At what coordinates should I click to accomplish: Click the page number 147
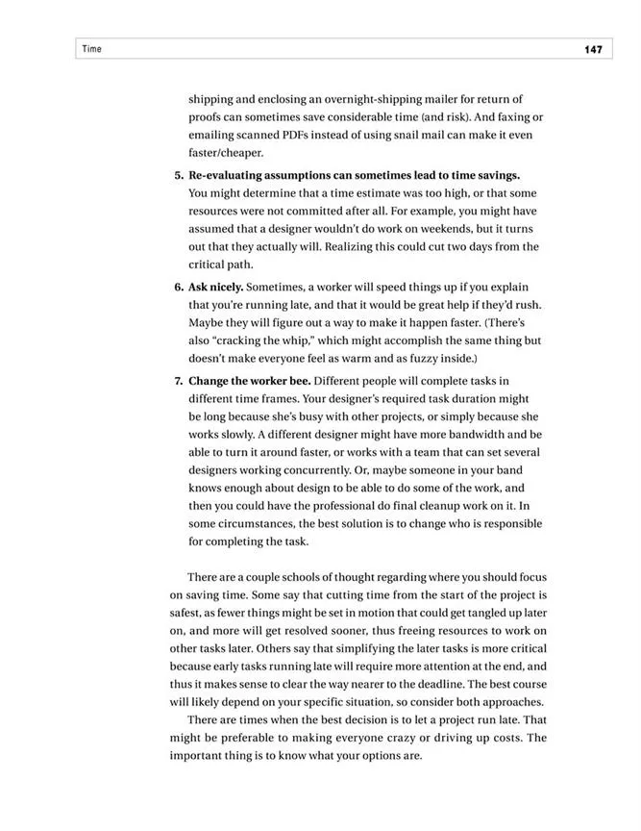(592, 50)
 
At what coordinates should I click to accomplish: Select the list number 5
(179, 175)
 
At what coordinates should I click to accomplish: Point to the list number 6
(179, 287)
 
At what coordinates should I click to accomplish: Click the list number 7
(179, 380)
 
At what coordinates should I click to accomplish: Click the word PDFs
(297, 135)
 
